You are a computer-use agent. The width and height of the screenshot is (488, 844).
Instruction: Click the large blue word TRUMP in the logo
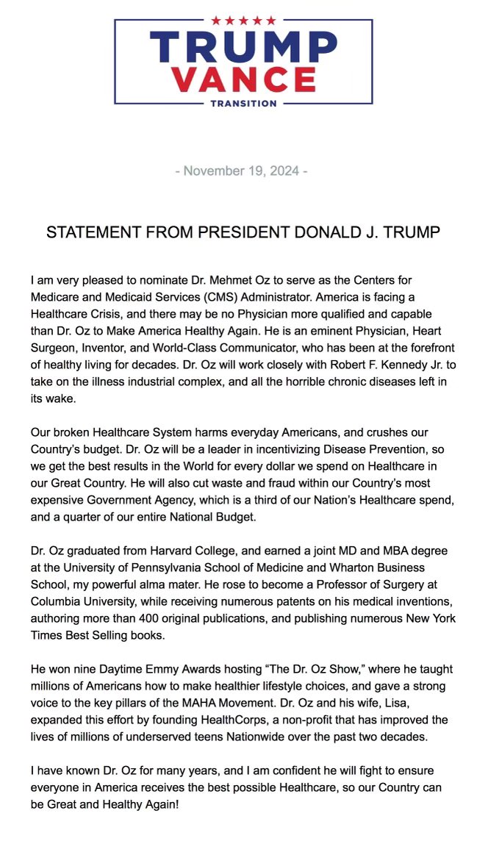point(244,46)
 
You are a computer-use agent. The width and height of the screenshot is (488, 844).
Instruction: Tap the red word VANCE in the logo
point(244,79)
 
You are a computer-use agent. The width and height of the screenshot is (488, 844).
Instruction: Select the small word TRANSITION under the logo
point(243,104)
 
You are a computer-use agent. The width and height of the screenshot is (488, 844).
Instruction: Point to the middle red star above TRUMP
point(244,21)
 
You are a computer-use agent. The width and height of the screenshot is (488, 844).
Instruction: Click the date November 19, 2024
point(241,171)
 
